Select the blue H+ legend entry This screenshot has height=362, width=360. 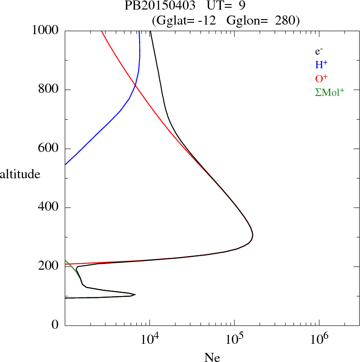322,65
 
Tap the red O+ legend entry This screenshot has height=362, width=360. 322,78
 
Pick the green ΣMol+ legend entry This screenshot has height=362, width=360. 330,92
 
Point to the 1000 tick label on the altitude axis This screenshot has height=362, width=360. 45,30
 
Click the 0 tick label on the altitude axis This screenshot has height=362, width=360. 55,326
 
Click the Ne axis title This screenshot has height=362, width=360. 212,357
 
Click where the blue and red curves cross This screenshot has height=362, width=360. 135,85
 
